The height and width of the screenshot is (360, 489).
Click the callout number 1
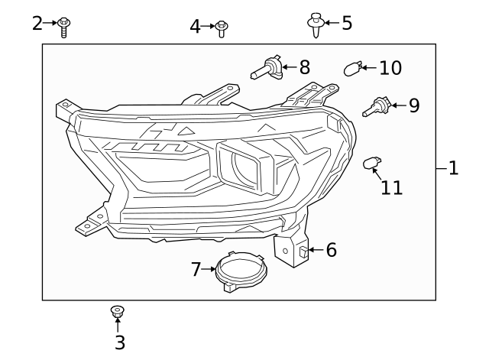click(x=453, y=167)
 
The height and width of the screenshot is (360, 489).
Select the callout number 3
click(x=119, y=343)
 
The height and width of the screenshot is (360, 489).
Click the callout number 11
click(x=391, y=187)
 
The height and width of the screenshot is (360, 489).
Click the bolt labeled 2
click(x=65, y=27)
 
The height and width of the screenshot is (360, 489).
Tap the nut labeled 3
click(x=118, y=311)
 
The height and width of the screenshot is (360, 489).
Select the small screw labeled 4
click(x=222, y=29)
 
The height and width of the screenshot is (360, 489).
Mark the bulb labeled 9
click(x=377, y=106)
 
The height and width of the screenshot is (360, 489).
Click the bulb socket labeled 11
click(x=372, y=163)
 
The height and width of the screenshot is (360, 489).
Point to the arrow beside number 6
click(x=315, y=250)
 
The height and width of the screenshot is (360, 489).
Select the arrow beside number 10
click(x=368, y=68)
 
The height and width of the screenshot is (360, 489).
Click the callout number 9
click(x=413, y=105)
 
